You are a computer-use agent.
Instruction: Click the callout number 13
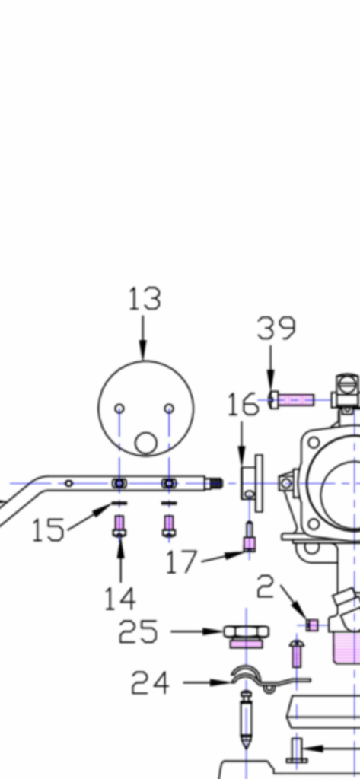[145, 300]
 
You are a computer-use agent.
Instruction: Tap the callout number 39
[276, 329]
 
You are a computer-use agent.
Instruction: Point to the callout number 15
[48, 529]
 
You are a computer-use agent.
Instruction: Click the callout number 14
[119, 599]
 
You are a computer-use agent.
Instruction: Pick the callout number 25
[139, 631]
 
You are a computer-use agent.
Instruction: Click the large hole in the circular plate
[145, 444]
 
